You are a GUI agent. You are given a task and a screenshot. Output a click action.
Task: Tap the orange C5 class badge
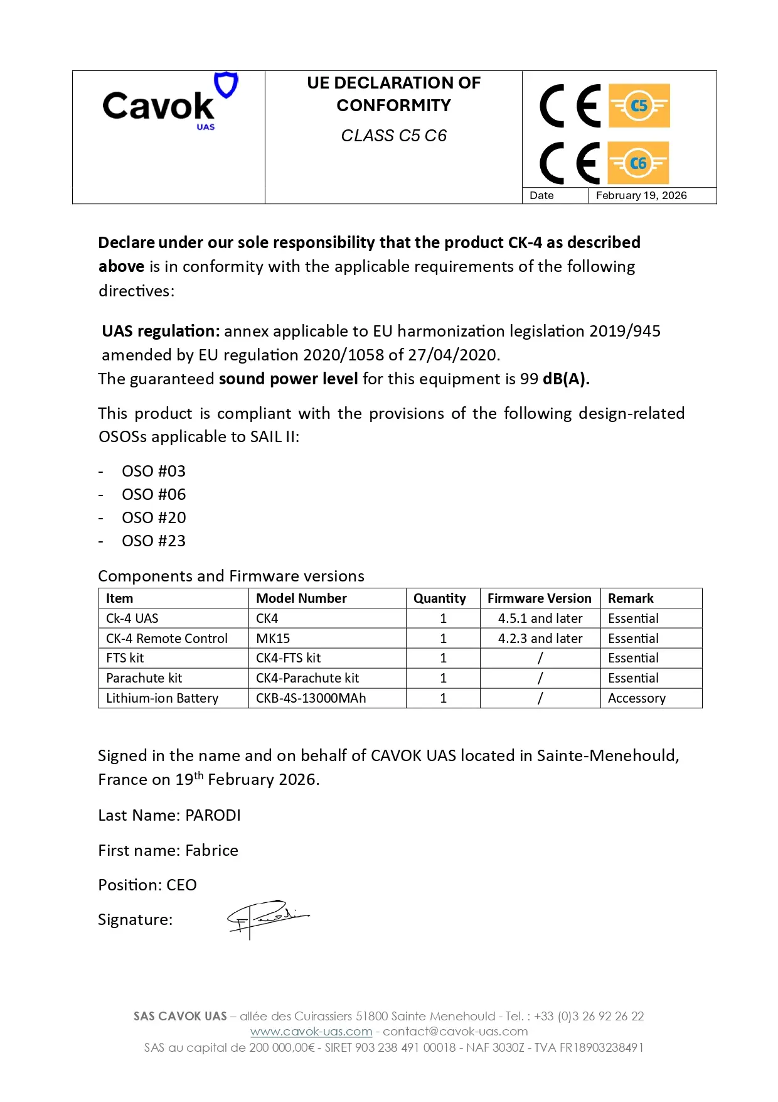click(639, 105)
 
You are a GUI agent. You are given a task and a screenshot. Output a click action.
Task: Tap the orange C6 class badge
click(638, 163)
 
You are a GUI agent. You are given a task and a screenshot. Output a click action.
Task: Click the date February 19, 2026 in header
click(641, 195)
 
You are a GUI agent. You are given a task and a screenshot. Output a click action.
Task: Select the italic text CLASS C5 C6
click(393, 136)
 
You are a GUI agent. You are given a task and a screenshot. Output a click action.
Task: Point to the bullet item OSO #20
click(154, 518)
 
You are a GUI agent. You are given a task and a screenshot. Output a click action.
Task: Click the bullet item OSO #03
click(154, 472)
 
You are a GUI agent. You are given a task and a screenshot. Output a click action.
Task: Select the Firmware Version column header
click(539, 598)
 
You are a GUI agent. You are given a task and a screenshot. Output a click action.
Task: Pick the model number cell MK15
click(273, 639)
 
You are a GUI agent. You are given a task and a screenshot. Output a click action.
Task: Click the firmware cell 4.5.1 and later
click(540, 619)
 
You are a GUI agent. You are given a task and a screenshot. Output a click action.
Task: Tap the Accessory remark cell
click(636, 698)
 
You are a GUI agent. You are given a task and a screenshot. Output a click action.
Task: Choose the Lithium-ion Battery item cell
click(162, 698)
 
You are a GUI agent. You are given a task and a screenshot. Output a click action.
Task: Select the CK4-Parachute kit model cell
click(307, 678)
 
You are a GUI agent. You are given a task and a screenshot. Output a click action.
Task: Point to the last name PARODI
click(213, 816)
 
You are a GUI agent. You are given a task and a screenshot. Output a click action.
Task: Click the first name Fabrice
click(211, 851)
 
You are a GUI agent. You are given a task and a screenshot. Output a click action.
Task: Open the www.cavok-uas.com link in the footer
click(311, 1031)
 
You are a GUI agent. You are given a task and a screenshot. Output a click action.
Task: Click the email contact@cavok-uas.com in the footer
click(456, 1031)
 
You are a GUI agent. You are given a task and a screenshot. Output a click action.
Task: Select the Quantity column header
click(439, 598)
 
